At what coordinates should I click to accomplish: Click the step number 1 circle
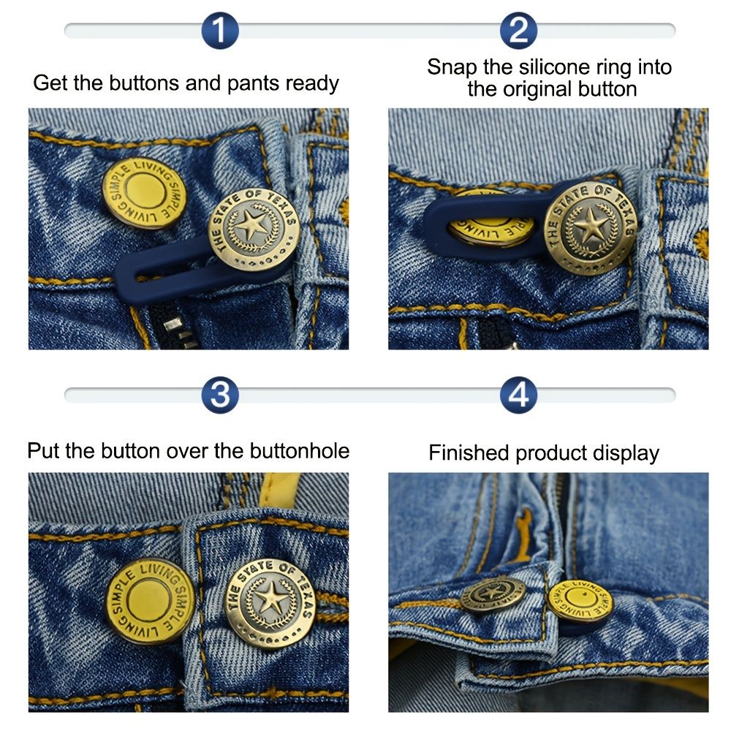[x=220, y=31]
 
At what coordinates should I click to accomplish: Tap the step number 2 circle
[x=518, y=31]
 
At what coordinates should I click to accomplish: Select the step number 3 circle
[x=220, y=395]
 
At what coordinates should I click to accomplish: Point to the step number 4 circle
[x=518, y=395]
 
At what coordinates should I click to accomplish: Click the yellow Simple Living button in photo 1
[x=140, y=194]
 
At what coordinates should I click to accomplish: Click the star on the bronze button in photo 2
[x=589, y=227]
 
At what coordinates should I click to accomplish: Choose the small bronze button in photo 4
[x=492, y=594]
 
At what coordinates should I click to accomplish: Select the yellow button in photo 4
[x=580, y=601]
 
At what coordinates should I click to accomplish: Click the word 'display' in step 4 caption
[x=623, y=453]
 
